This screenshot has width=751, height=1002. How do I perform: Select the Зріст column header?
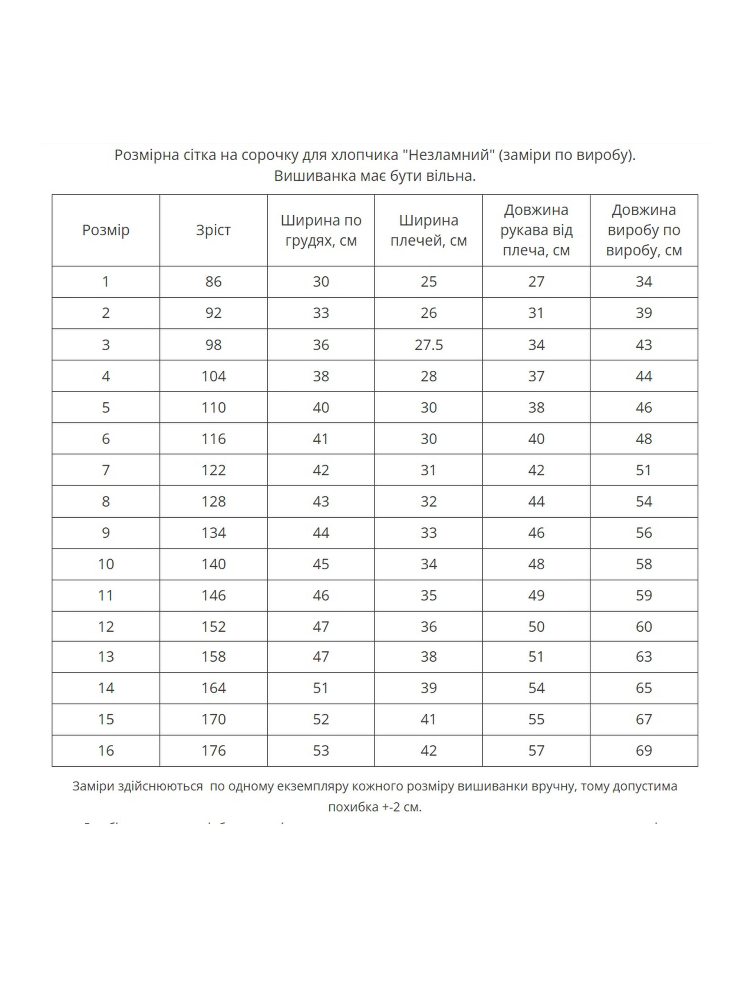point(213,230)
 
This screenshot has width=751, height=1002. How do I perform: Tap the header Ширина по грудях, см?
point(321,230)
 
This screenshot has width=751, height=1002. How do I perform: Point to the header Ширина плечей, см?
point(428,230)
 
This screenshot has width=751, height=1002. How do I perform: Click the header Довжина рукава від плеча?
point(536,230)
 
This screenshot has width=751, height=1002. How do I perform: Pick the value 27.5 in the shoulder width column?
point(428,345)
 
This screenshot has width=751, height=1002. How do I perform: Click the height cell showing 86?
point(213,282)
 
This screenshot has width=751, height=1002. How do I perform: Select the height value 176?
point(213,751)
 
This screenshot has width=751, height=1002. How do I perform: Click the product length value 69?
point(644,751)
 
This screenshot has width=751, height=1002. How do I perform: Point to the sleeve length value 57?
point(536,751)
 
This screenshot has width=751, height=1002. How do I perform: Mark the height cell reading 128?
point(213,501)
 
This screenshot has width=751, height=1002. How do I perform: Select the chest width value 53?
point(321,751)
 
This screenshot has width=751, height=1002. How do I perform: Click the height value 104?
point(213,376)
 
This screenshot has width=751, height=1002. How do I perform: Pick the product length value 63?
point(644,657)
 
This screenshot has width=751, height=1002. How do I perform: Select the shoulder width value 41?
point(428,719)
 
